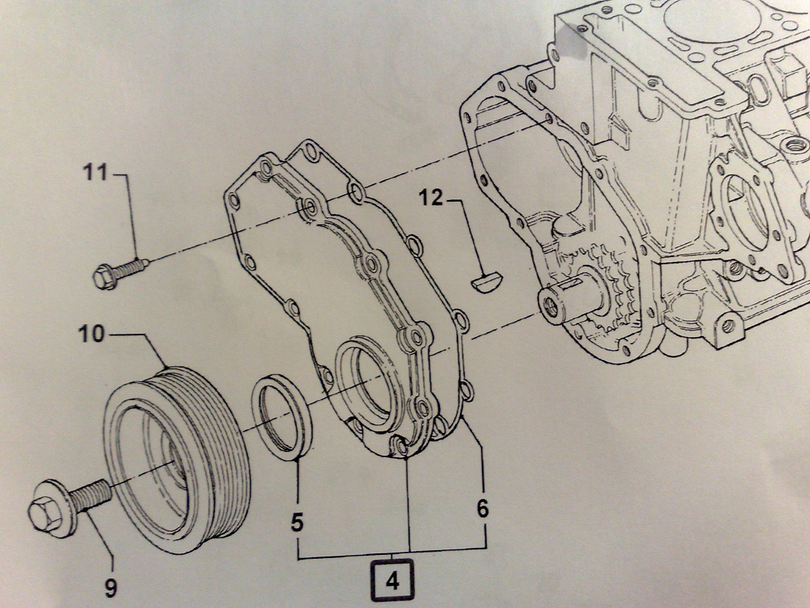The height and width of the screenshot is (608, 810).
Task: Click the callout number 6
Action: point(483,509)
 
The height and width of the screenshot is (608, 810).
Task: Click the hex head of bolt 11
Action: point(104,276)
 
